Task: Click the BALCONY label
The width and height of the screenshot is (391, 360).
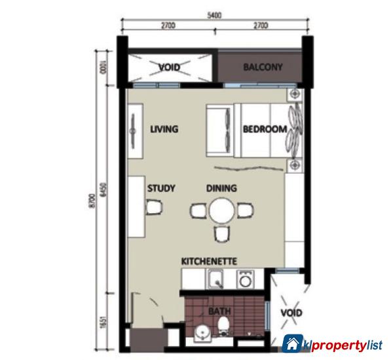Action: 263,67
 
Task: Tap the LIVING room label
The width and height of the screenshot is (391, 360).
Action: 164,129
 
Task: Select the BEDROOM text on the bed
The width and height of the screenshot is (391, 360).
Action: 265,129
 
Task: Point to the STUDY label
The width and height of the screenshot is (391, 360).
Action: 160,189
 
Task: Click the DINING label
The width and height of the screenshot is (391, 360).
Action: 221,189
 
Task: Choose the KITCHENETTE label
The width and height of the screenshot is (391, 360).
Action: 209,260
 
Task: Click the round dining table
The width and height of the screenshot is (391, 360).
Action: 221,211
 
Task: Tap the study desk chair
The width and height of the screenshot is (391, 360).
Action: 154,209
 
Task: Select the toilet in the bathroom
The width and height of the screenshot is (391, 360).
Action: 224,326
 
